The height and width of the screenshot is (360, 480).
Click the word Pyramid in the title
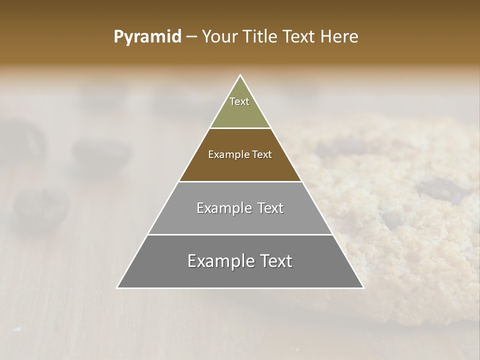[x=147, y=37]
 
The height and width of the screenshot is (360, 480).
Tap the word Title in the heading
[x=261, y=36]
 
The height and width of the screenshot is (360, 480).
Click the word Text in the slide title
[x=299, y=36]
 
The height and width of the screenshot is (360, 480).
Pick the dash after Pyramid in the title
[x=191, y=37]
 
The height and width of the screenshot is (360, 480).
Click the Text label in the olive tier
[x=239, y=101]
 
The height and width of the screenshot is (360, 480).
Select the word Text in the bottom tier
[x=274, y=261]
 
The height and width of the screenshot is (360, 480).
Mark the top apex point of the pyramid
[x=240, y=75]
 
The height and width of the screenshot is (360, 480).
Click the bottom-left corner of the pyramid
[x=117, y=287]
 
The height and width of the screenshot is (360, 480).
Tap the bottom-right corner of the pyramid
[x=363, y=287]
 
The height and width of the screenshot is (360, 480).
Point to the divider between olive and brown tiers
[x=240, y=128]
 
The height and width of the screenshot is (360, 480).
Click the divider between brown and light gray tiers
[x=240, y=181]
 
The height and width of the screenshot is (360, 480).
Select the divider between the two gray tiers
[x=240, y=234]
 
